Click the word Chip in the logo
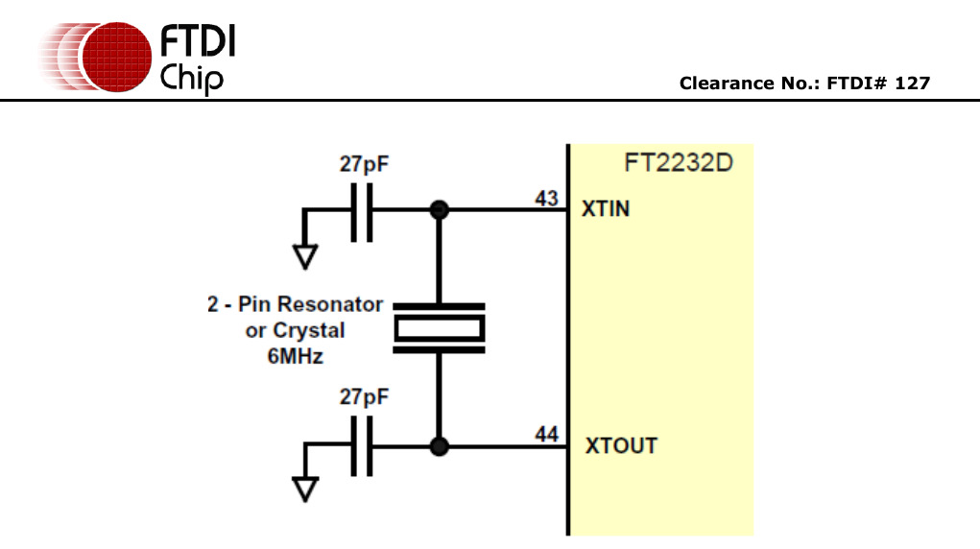click(x=192, y=77)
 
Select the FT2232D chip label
click(x=678, y=162)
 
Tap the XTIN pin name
click(x=606, y=208)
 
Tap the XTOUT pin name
click(x=621, y=446)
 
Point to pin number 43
click(x=547, y=199)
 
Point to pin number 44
click(x=547, y=436)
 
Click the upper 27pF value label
click(x=364, y=164)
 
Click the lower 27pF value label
click(x=364, y=396)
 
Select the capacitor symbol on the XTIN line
click(x=362, y=210)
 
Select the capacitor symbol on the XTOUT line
click(x=362, y=446)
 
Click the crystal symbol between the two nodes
click(x=440, y=328)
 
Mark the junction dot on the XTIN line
click(x=440, y=210)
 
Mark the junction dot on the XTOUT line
click(x=440, y=446)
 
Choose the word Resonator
click(x=330, y=305)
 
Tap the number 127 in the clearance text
click(x=912, y=84)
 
